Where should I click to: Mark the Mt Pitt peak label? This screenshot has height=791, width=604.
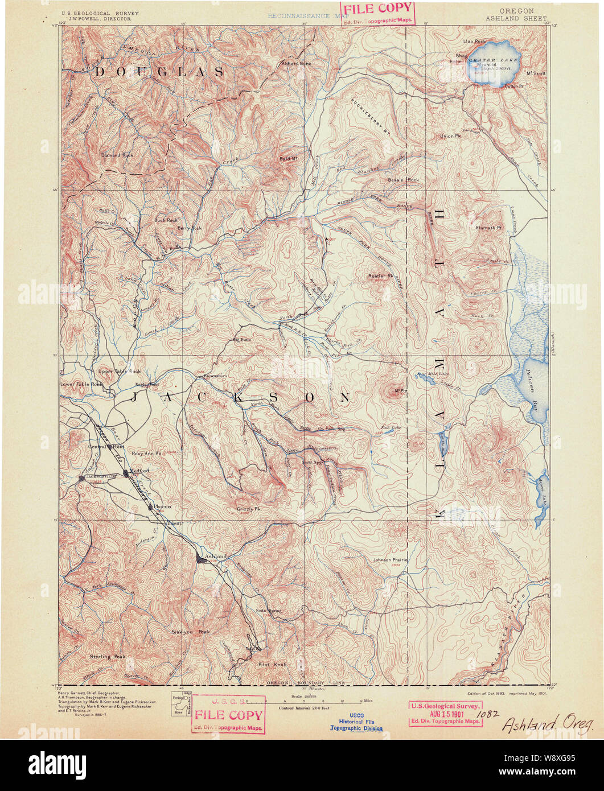[400, 391]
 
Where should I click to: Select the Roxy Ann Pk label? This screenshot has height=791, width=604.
[147, 454]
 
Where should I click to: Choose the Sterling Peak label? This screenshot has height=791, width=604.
[107, 656]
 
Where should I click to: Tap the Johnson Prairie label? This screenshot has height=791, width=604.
[391, 559]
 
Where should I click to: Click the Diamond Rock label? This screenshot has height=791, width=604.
[117, 155]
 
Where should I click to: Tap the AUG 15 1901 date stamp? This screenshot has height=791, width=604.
[445, 713]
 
